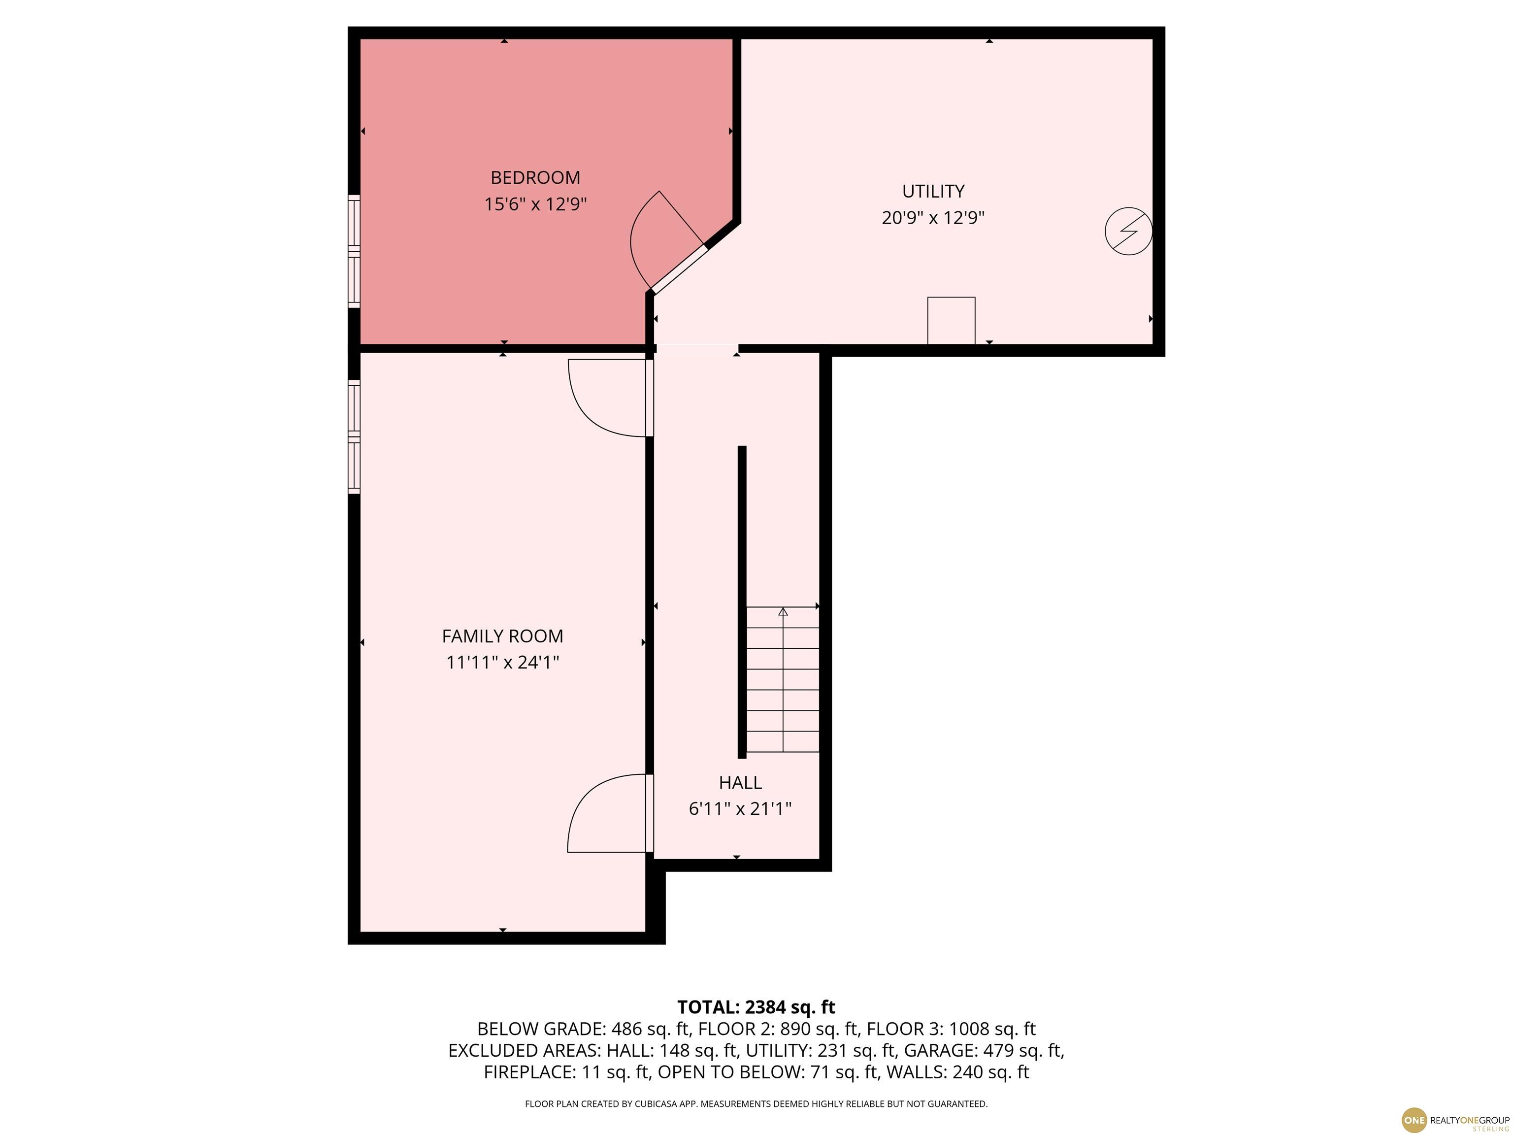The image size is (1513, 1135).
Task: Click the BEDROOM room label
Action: pyautogui.click(x=535, y=178)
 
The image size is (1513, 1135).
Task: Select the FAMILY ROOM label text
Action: pyautogui.click(x=503, y=636)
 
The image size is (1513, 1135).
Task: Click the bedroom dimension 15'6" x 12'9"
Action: pyautogui.click(x=535, y=204)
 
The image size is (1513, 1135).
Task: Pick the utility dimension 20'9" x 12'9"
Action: pyautogui.click(x=933, y=218)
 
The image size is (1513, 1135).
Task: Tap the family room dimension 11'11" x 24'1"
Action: pyautogui.click(x=503, y=662)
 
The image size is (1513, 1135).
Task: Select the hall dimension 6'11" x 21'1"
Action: pyautogui.click(x=740, y=809)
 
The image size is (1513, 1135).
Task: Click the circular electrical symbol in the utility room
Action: pyautogui.click(x=1129, y=231)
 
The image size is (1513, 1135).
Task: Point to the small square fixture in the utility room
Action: pyautogui.click(x=951, y=321)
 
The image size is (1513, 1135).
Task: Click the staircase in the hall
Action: pyautogui.click(x=783, y=679)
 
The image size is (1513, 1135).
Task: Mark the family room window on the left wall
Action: pyautogui.click(x=354, y=436)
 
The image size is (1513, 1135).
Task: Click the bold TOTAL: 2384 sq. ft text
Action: pyautogui.click(x=756, y=1007)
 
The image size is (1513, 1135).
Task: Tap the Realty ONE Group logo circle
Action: pyautogui.click(x=1414, y=1120)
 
